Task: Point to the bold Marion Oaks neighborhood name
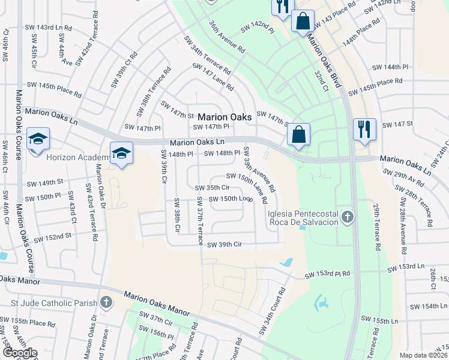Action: pyautogui.click(x=224, y=118)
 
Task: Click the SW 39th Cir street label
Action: pyautogui.click(x=224, y=245)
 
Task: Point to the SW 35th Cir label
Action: pyautogui.click(x=213, y=188)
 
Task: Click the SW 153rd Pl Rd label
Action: pyautogui.click(x=328, y=275)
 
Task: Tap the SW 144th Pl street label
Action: pyautogui.click(x=390, y=67)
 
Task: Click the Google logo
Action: pyautogui.click(x=19, y=353)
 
